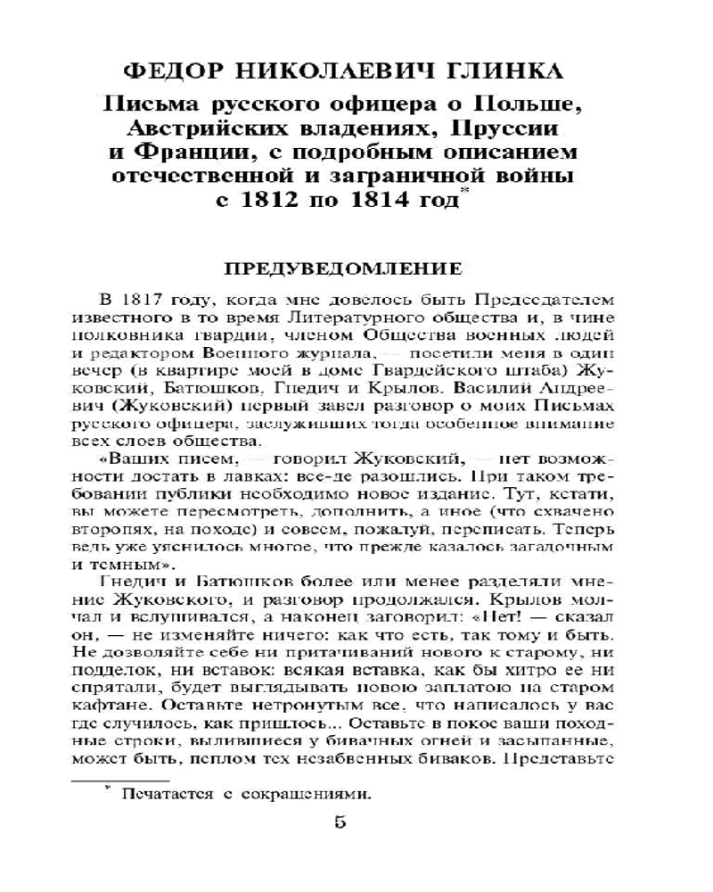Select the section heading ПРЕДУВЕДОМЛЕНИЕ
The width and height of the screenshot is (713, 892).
tap(356, 268)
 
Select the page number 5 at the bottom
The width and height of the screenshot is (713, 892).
tap(340, 848)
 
